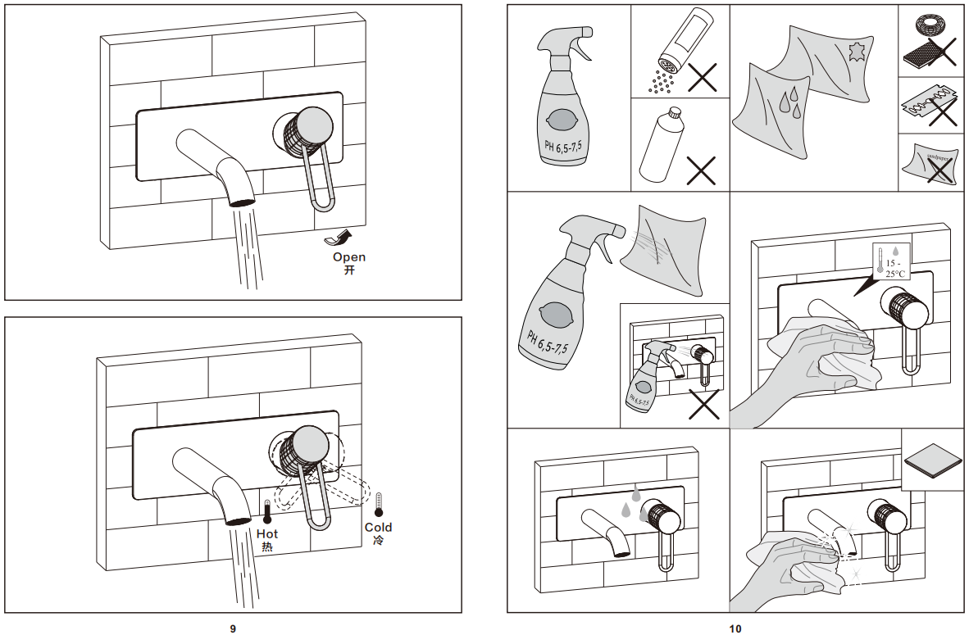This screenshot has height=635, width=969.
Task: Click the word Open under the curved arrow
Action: [x=348, y=257]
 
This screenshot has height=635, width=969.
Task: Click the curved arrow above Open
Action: [x=339, y=238]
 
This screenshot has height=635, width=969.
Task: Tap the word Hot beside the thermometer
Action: [x=267, y=534]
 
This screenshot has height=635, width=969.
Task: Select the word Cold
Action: [x=378, y=528]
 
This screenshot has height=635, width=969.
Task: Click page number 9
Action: [x=233, y=628]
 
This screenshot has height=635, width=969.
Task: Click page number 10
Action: [x=735, y=628]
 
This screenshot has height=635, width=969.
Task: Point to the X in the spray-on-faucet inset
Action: [x=704, y=403]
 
